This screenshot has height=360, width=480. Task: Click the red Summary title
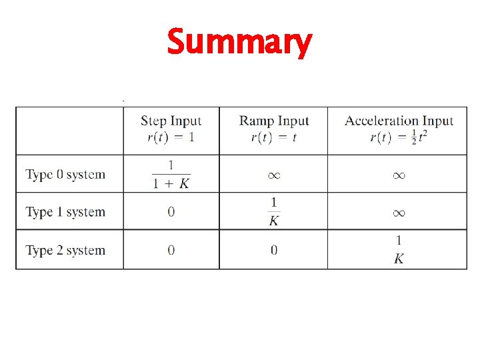(x=239, y=42)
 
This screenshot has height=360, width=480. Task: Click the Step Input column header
(x=171, y=121)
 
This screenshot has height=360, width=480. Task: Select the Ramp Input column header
(x=274, y=121)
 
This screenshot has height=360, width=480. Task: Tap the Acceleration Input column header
(x=399, y=121)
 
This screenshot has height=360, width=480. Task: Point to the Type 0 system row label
(x=65, y=175)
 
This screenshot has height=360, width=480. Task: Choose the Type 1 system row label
(x=65, y=212)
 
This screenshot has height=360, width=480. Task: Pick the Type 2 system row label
(x=65, y=250)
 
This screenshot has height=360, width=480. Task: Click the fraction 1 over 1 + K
(x=171, y=174)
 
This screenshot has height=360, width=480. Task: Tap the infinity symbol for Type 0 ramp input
(x=274, y=175)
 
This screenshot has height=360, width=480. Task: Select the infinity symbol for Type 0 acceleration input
(x=399, y=175)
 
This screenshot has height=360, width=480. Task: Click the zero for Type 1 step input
(x=171, y=212)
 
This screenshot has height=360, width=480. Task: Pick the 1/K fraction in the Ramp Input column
(x=274, y=211)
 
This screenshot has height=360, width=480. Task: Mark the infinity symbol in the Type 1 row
(x=399, y=213)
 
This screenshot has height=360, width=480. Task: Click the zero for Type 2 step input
(x=171, y=250)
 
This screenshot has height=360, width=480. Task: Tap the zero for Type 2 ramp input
(x=274, y=250)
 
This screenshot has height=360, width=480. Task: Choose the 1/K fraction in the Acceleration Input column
(x=399, y=249)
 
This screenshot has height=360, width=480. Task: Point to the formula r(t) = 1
(x=171, y=137)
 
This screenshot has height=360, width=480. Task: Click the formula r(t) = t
(x=274, y=137)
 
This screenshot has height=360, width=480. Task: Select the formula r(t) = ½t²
(x=399, y=137)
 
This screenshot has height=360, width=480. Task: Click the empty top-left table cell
(x=69, y=131)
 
